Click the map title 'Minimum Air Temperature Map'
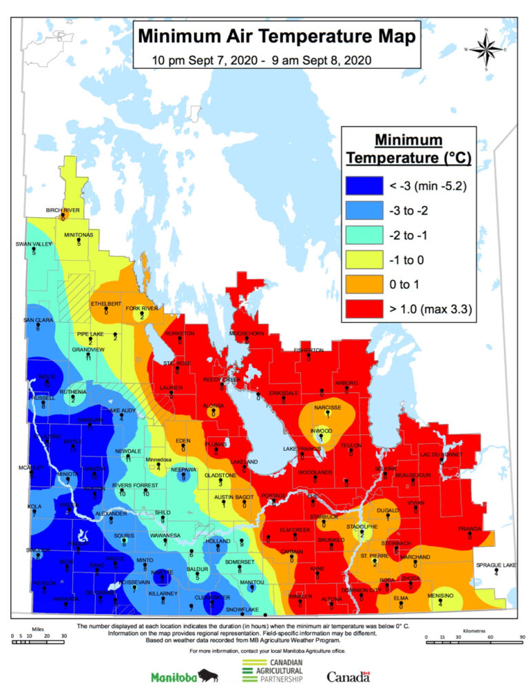(275, 36)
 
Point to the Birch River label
(63, 210)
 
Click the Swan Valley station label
(33, 245)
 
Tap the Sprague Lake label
(495, 565)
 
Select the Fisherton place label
(308, 350)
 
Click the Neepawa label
(183, 470)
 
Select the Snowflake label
(242, 609)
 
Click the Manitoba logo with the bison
(184, 676)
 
